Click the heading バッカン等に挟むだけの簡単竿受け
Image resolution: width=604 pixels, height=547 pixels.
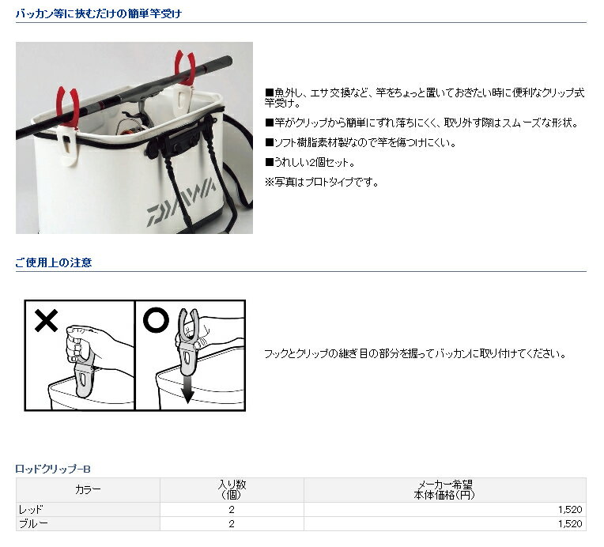coord(99,14)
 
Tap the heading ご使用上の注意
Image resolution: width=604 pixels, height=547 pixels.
coord(54,262)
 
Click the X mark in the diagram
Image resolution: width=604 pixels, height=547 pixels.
coord(46,320)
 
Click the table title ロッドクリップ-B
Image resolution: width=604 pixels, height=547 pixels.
coord(53,469)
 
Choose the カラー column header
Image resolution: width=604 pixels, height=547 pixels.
coord(88,489)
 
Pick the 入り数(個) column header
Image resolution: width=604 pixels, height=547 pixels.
coord(232,489)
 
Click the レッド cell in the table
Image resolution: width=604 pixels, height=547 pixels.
coord(31,510)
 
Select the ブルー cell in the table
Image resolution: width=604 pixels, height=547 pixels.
coord(33,524)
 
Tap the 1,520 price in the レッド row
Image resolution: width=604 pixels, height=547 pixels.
coord(570,510)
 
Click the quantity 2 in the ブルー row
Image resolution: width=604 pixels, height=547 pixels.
coord(232,524)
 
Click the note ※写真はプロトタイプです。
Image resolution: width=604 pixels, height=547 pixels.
coord(322,183)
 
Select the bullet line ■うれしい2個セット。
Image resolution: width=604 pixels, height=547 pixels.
coord(310,163)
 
